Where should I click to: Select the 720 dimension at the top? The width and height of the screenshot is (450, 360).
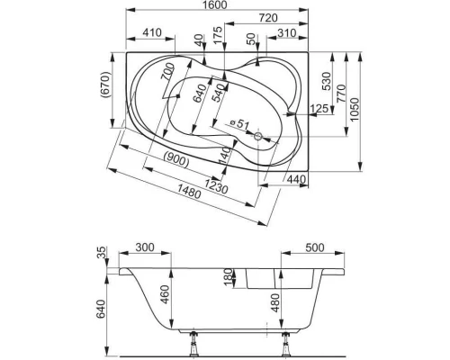267,19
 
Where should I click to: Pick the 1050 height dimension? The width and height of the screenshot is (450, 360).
363,108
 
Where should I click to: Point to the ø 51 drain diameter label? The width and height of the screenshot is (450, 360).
238,123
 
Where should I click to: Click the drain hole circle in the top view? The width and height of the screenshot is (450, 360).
259,138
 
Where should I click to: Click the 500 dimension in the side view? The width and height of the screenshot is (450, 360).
315,247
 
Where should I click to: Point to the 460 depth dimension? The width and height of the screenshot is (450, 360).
165,292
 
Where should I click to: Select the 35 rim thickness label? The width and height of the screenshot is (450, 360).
101,254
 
